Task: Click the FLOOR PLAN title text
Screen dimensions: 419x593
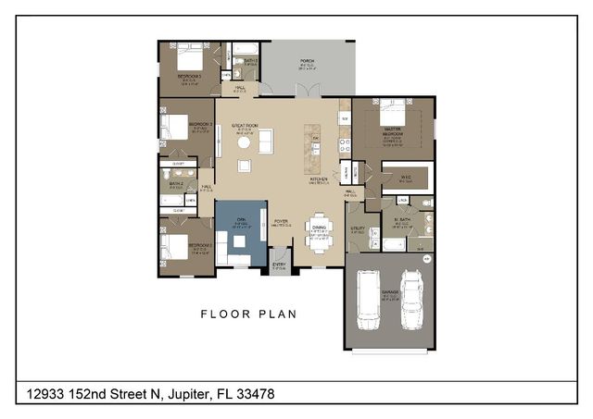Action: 248,314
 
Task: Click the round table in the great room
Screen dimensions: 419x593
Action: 244,142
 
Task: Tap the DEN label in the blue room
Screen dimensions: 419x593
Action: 240,218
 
